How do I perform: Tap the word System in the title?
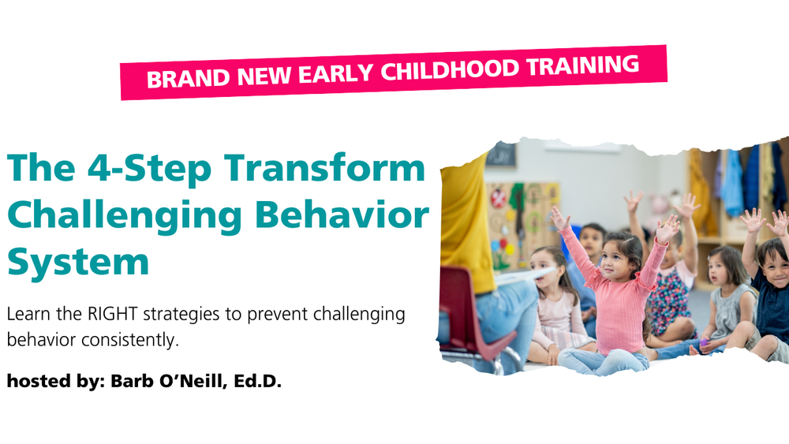[x=77, y=261]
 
